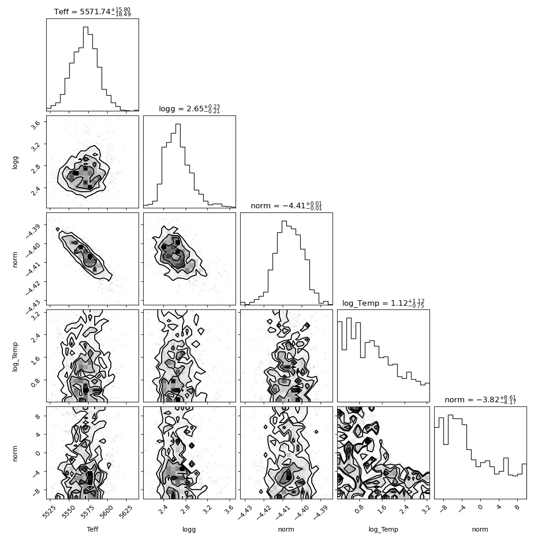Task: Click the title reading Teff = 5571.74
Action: [x=92, y=12]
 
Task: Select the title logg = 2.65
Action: [x=189, y=109]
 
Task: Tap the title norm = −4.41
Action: [x=286, y=206]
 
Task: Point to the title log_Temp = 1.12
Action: [x=383, y=303]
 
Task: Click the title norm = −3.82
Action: [x=480, y=400]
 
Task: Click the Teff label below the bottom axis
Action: [x=92, y=529]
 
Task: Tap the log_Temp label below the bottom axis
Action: [x=383, y=530]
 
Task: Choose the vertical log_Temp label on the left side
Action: [x=15, y=357]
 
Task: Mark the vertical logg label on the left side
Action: [x=15, y=162]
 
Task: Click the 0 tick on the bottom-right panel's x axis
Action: [x=480, y=507]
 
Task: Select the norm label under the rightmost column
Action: [x=480, y=529]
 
